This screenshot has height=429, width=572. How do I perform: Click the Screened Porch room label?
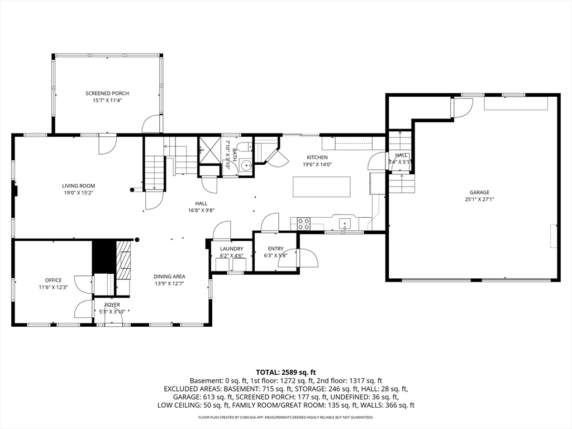107,93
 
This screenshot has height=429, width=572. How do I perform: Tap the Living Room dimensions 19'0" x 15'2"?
78,193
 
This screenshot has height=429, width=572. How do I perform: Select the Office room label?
53,280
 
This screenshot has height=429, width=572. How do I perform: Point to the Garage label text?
479,192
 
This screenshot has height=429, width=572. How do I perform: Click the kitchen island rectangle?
322,187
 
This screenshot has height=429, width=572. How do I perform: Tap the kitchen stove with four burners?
303,223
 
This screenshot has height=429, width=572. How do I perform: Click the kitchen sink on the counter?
345,223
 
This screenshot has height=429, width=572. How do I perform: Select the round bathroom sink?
247,166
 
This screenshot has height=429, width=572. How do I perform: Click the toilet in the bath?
247,146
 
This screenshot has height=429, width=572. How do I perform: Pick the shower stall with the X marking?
209,150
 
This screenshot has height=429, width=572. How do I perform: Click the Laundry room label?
232,249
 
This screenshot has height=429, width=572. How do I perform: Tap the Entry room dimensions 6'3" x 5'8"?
276,255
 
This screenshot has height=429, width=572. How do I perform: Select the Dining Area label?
169,277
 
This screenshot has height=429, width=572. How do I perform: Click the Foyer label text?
112,305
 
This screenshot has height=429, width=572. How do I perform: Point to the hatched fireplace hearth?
124,260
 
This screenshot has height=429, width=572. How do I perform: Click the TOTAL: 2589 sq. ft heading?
285,373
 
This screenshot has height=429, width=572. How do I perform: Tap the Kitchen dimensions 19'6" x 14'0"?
317,164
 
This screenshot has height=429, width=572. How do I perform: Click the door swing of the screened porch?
151,124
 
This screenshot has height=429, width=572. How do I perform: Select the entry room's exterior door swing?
308,258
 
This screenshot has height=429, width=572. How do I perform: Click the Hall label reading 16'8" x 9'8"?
201,210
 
